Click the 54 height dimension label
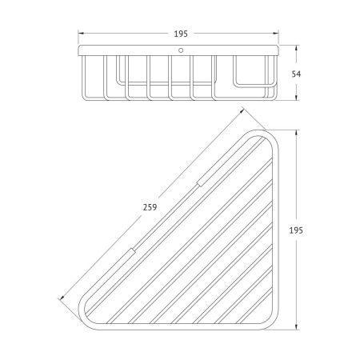[296, 74]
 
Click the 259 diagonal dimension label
[150, 207]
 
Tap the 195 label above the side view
[181, 34]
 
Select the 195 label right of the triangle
[296, 230]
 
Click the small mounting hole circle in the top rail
[181, 50]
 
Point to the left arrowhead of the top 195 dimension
[81, 34]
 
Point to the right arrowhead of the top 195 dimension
[275, 34]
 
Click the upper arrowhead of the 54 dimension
[296, 48]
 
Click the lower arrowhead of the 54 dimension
[296, 98]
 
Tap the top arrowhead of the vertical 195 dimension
[296, 133]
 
